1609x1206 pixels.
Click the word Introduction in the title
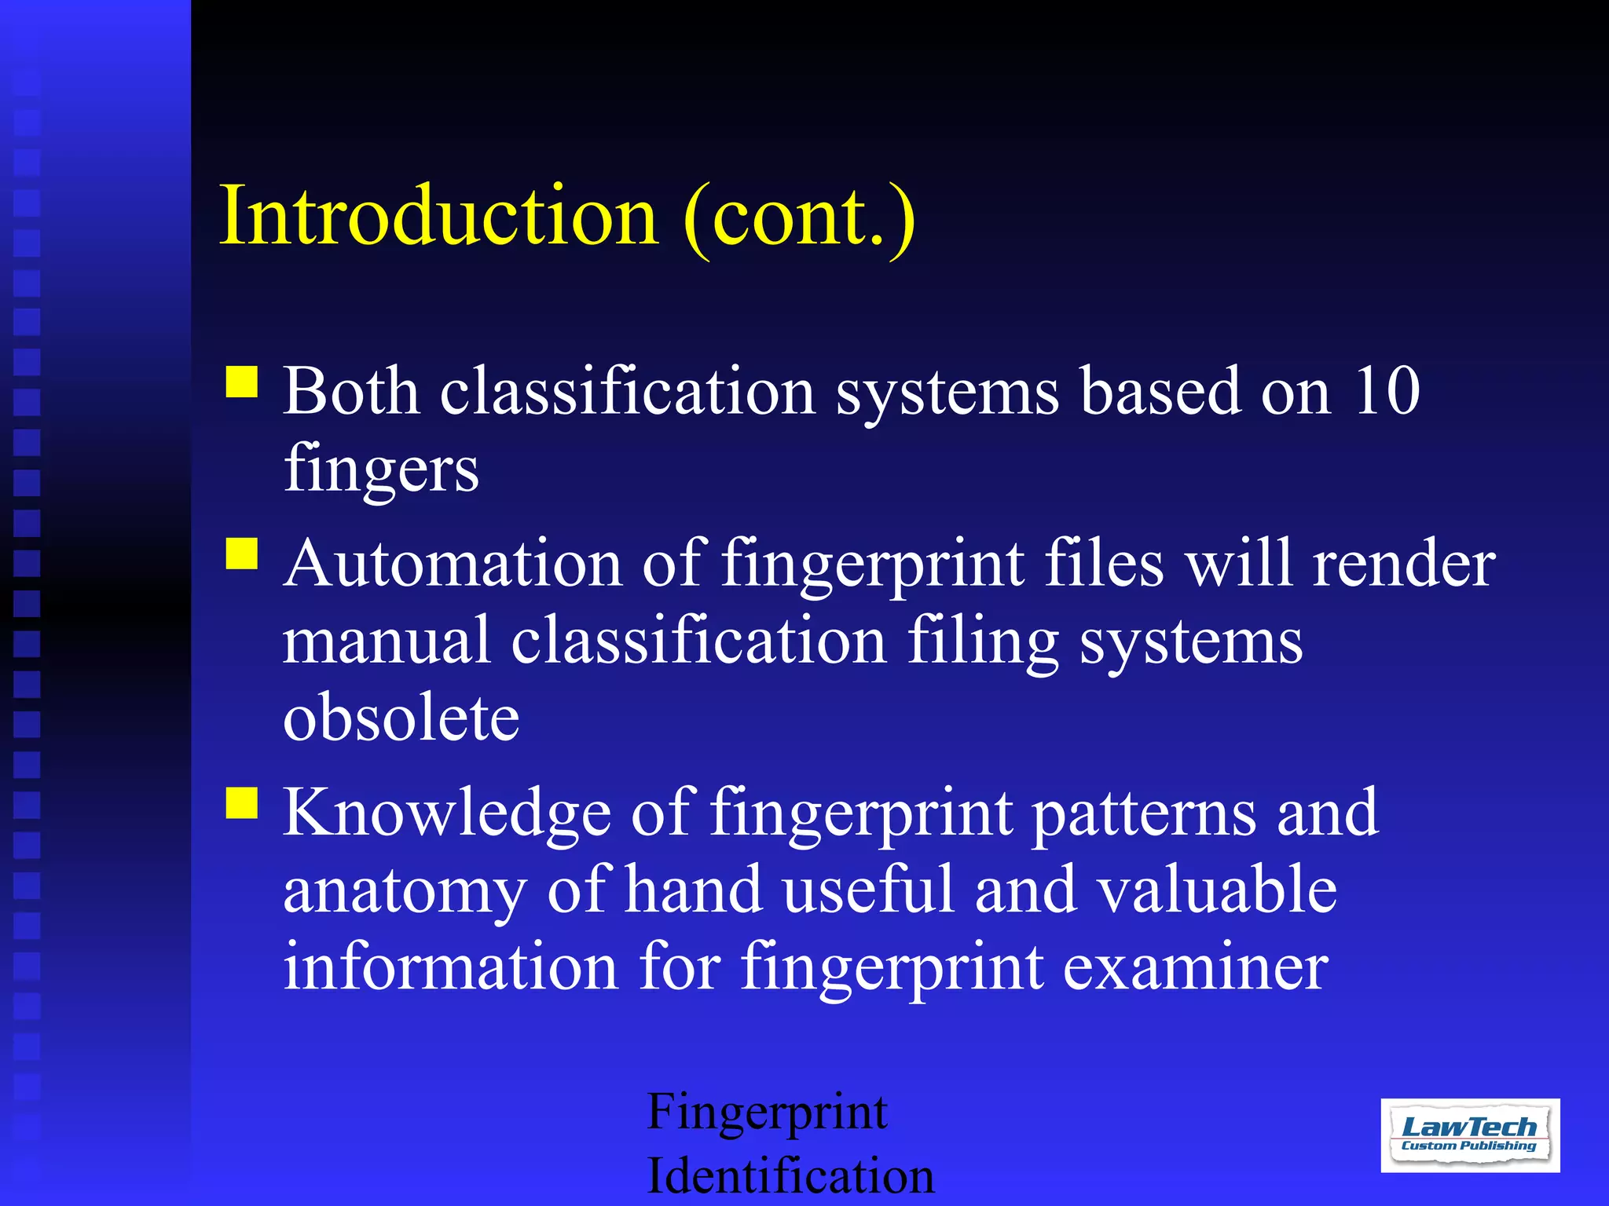pos(438,215)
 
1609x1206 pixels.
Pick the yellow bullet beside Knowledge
pos(242,803)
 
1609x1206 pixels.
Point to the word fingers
pos(381,469)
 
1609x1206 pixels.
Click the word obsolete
pos(401,718)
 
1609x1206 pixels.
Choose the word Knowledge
pos(446,813)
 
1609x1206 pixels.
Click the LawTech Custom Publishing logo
pos(1469,1135)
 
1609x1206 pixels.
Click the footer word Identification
pos(790,1175)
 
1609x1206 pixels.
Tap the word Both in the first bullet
pos(350,390)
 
